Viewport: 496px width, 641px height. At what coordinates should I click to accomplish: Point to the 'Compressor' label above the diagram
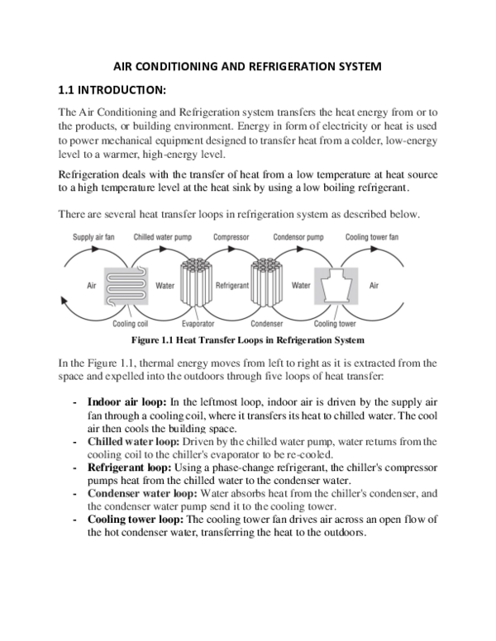coord(231,237)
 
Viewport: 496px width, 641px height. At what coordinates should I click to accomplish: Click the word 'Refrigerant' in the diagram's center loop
coord(231,285)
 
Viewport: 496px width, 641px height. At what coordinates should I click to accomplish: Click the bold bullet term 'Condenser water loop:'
coord(141,494)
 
